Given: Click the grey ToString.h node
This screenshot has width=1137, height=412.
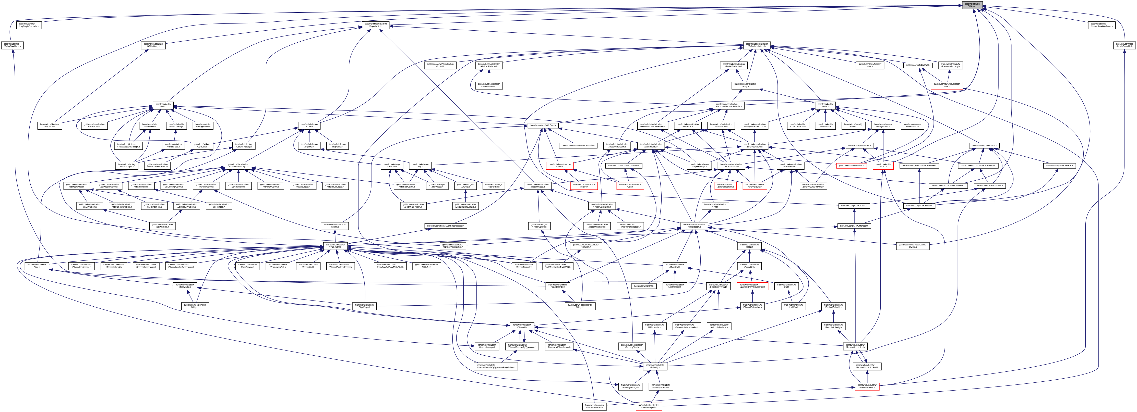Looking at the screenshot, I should pyautogui.click(x=972, y=5).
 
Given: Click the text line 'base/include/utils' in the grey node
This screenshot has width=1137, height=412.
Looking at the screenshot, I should pyautogui.click(x=972, y=4).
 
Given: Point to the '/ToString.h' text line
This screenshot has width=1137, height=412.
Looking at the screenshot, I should pyautogui.click(x=972, y=7).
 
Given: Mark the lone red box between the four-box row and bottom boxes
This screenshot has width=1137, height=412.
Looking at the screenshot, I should pyautogui.click(x=752, y=286).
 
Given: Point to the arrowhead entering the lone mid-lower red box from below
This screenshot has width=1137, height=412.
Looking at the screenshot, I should pyautogui.click(x=752, y=292).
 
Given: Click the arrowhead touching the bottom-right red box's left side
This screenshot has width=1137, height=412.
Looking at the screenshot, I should pyautogui.click(x=853, y=388).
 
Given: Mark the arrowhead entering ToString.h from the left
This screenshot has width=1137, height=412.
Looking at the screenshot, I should pyautogui.click(x=961, y=5).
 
